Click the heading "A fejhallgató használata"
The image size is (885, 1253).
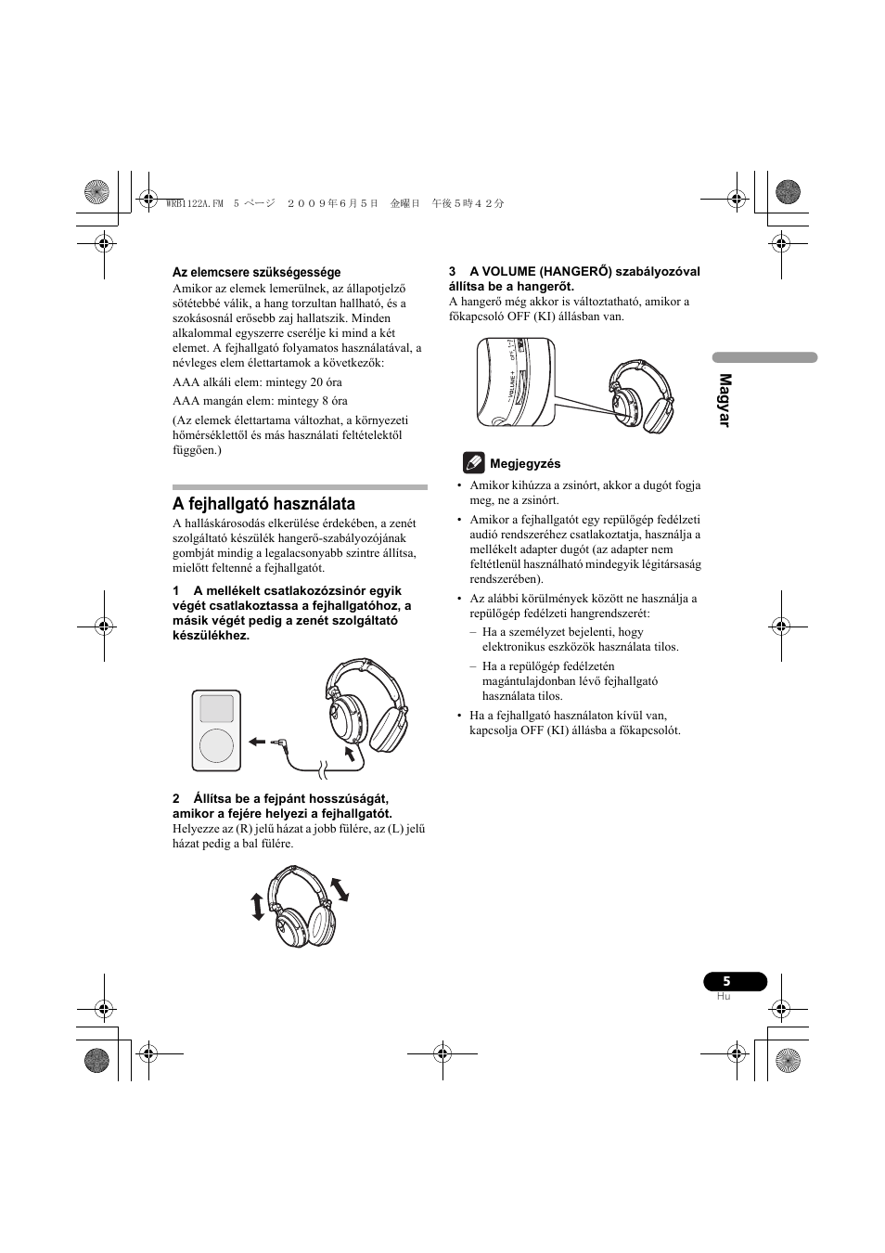(x=263, y=504)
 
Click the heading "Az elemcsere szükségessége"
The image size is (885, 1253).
(x=256, y=272)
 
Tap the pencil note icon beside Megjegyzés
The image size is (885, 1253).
(x=473, y=462)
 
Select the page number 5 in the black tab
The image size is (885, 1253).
(x=727, y=982)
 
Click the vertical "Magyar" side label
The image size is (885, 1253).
(x=725, y=400)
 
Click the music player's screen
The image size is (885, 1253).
(x=216, y=707)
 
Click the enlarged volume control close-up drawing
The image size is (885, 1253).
(x=516, y=382)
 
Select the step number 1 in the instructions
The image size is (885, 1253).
(x=175, y=591)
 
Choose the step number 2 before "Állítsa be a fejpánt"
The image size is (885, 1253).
(x=175, y=799)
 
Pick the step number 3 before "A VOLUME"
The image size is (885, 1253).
(x=453, y=272)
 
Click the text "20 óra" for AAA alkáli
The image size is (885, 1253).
(x=324, y=382)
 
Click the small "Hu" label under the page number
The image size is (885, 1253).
(x=724, y=997)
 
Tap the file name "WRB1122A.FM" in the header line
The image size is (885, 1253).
(x=193, y=203)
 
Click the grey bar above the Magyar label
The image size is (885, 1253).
(x=764, y=357)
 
